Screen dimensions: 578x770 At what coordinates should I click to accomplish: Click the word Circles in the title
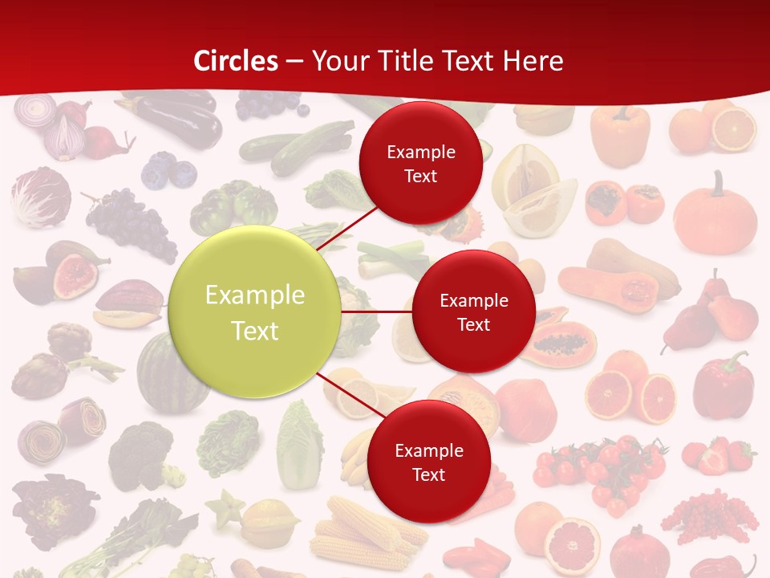pos(236,61)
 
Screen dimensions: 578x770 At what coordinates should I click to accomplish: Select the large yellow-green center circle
pos(255,312)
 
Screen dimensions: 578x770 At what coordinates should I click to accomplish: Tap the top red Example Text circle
pos(420,163)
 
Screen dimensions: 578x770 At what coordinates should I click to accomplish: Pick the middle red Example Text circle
pos(473,311)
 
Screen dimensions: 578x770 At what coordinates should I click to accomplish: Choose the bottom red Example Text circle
pos(428,462)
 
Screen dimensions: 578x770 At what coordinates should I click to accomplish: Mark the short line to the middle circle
pos(377,311)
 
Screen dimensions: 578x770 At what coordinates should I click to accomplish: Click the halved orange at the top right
pos(734,129)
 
